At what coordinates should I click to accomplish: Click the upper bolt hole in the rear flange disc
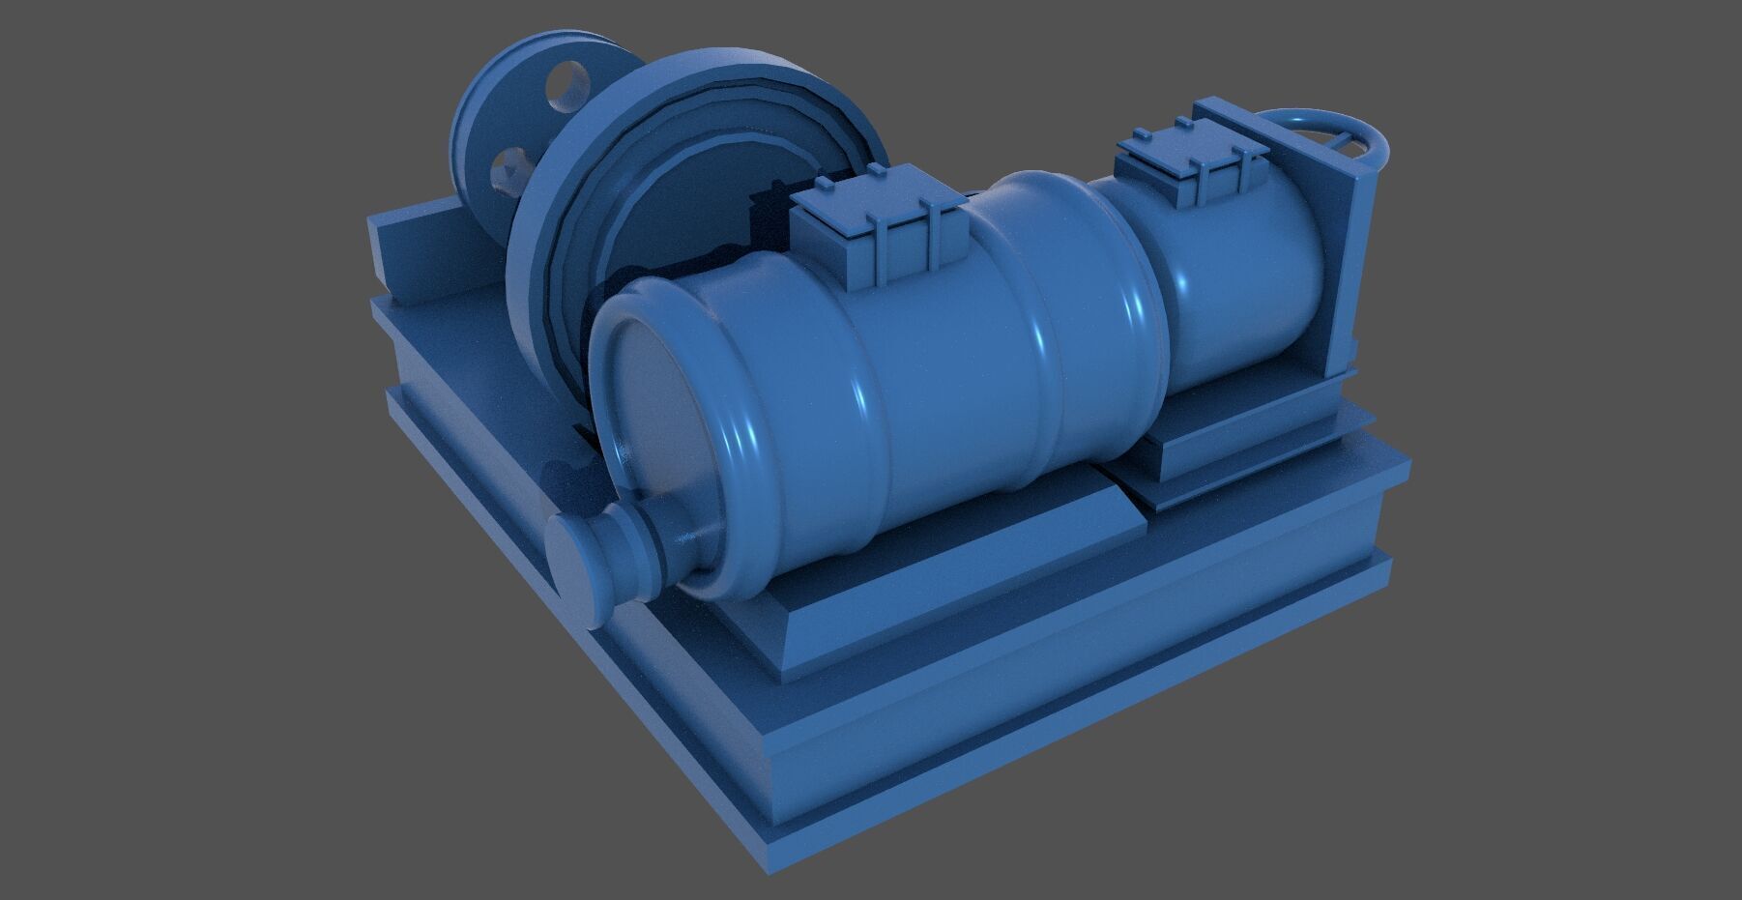[567, 83]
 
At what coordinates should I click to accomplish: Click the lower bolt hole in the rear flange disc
[509, 170]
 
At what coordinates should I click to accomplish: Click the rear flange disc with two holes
[503, 126]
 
